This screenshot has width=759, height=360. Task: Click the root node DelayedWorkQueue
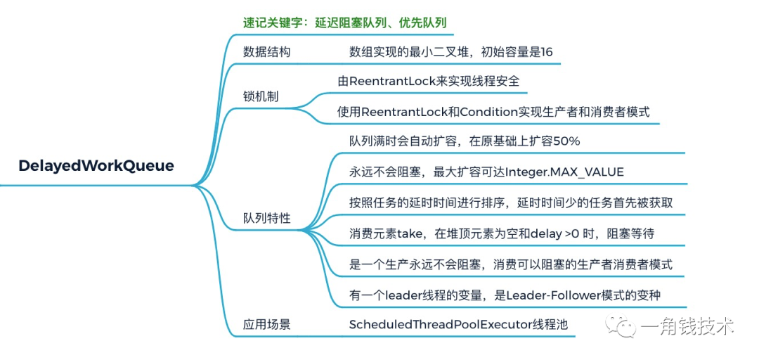96,166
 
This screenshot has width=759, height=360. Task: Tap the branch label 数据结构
266,52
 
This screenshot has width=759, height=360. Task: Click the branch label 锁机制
261,96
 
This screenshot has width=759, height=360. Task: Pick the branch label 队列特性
266,218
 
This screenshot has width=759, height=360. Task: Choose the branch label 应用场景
266,324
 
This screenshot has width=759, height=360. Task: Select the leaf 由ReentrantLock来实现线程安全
429,81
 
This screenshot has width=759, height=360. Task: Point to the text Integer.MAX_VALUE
564,172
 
